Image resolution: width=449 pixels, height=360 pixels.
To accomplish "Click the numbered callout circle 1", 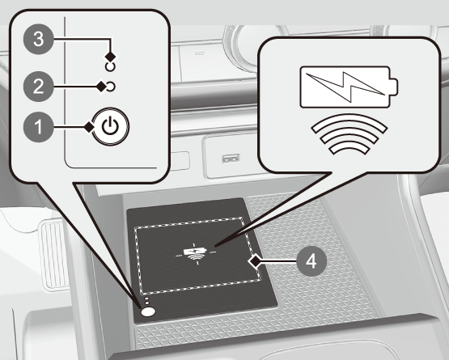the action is tap(38, 127).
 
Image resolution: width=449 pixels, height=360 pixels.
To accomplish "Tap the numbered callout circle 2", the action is tap(38, 87).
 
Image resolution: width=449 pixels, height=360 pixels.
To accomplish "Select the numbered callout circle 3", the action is tap(38, 39).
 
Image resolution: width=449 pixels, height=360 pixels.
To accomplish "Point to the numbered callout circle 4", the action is tap(311, 261).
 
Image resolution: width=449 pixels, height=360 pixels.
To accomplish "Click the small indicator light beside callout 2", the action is tap(111, 87).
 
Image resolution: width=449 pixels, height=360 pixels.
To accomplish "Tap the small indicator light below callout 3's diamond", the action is tap(110, 66).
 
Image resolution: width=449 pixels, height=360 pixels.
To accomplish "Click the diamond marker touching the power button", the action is tap(89, 126).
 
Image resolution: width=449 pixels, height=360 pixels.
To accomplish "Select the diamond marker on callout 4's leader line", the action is tap(254, 261).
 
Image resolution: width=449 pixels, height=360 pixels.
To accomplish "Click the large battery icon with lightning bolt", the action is tap(349, 87).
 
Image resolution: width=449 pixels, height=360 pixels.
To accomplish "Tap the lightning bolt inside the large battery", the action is tap(345, 87).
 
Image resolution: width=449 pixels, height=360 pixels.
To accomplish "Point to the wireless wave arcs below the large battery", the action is tap(349, 134).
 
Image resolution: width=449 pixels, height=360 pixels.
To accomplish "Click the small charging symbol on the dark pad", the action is tap(196, 253).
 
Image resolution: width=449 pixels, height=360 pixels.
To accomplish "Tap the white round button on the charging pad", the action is tap(148, 312).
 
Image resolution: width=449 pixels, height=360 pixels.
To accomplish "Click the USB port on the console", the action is tap(231, 159).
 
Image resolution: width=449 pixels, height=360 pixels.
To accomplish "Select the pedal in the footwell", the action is tap(54, 255).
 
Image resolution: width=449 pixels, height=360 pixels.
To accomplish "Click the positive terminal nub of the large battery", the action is tap(394, 87).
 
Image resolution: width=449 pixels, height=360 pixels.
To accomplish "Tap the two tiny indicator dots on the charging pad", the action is tap(146, 301).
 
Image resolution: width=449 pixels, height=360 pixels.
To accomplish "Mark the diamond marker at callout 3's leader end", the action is tap(111, 56).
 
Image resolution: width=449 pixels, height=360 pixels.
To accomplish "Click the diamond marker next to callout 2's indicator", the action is tap(101, 87).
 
